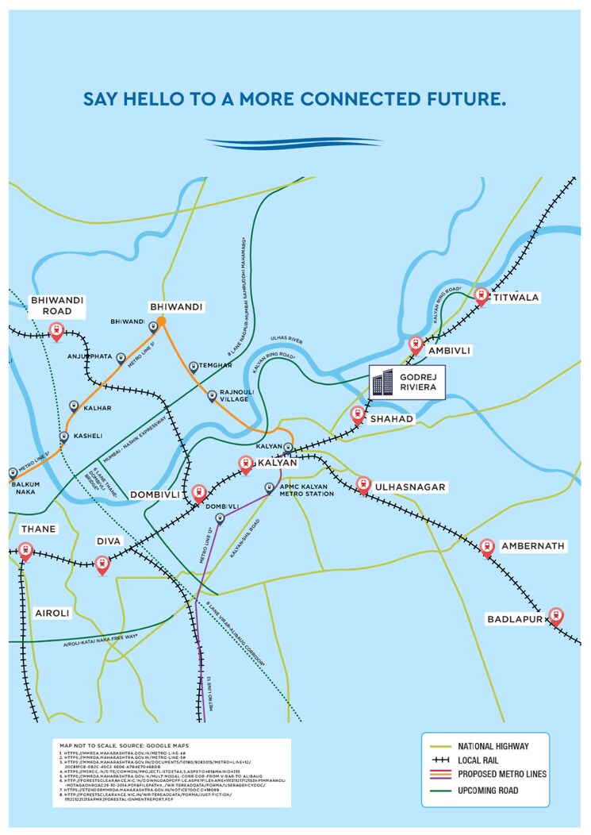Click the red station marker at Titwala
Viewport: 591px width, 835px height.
tap(481, 296)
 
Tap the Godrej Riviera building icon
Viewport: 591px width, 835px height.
tap(383, 381)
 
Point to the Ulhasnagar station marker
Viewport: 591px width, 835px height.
tap(363, 484)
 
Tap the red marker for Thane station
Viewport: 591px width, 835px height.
tap(25, 551)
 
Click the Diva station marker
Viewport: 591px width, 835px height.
tap(102, 564)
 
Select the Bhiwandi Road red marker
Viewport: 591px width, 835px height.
tap(56, 331)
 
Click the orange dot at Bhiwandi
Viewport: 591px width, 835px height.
tap(161, 321)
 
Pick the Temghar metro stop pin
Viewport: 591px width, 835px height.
tap(194, 367)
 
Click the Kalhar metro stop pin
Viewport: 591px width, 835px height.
tap(75, 406)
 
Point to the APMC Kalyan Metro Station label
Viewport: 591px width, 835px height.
tap(306, 490)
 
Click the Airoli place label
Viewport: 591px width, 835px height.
tap(52, 614)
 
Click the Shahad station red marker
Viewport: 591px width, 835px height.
tap(358, 414)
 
